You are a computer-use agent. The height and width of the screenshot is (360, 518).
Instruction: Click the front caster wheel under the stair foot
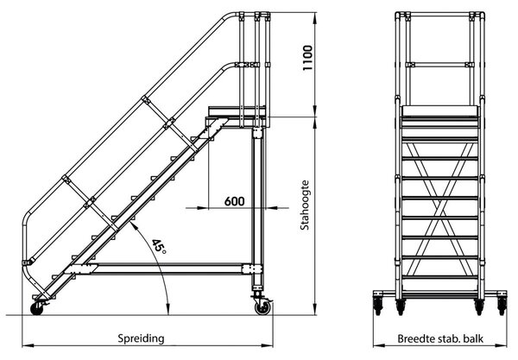(41, 305)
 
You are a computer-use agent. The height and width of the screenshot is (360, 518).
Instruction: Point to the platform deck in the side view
(235, 112)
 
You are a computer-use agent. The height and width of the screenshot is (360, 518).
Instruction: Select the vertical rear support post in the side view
(256, 199)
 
